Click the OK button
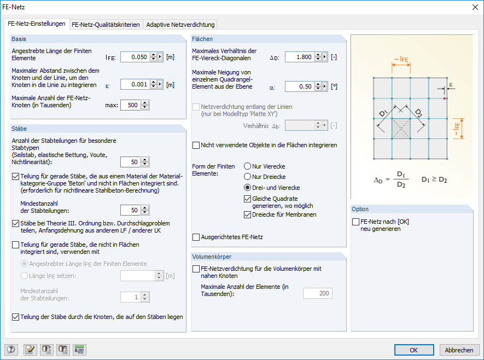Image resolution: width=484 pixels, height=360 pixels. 414,350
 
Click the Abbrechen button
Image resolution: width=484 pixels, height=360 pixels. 459,350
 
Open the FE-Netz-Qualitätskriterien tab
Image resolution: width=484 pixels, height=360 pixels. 106,24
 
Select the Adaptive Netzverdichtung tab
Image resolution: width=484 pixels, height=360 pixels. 179,24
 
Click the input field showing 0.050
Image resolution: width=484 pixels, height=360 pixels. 133,56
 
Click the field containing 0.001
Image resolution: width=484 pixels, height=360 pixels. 133,84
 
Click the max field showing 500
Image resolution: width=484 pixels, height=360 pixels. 130,105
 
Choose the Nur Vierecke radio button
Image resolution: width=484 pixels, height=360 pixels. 248,166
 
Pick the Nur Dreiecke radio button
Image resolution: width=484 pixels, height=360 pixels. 248,177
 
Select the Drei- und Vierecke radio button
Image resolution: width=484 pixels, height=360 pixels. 248,188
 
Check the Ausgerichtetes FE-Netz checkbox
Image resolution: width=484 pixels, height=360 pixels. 196,237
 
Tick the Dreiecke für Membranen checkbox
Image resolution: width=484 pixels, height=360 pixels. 248,214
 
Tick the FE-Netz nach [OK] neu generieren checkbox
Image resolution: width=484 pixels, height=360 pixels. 357,222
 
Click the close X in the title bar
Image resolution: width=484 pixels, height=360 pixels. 474,7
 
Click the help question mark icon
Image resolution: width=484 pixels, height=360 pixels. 11,350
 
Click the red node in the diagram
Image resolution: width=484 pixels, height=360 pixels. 445,98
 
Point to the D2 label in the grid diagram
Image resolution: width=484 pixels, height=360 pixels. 418,113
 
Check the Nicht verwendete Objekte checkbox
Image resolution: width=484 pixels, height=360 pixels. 196,146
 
